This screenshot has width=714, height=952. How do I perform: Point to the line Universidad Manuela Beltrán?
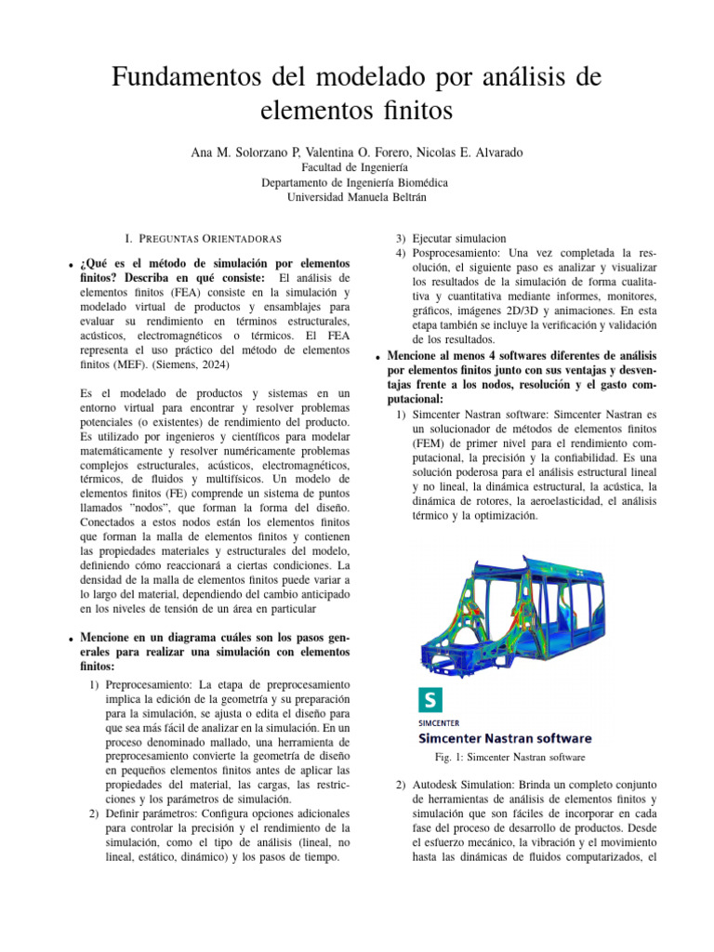tap(356, 197)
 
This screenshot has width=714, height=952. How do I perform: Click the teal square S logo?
tap(430, 700)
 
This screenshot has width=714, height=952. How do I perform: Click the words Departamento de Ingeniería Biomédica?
tap(356, 182)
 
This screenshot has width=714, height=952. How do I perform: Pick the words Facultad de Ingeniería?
tap(356, 167)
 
